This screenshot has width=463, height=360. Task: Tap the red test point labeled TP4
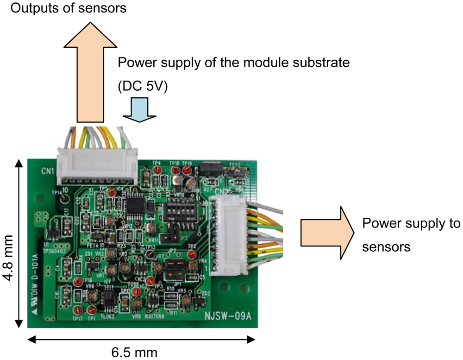(157, 171)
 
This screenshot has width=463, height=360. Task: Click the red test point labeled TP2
(192, 254)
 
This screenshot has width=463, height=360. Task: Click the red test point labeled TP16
(79, 282)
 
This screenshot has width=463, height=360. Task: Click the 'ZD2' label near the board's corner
(206, 294)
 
